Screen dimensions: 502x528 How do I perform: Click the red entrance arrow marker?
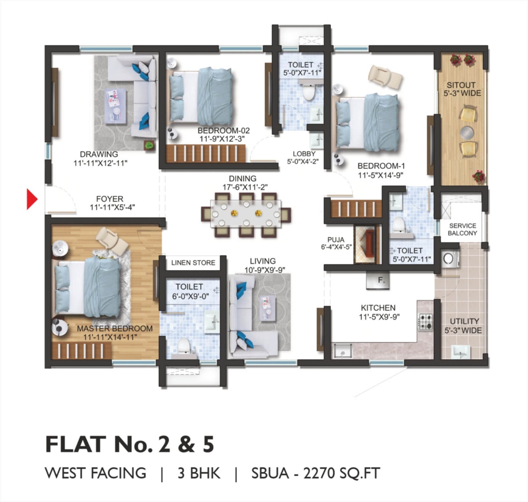(x=32, y=199)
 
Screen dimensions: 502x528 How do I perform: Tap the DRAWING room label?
(x=99, y=154)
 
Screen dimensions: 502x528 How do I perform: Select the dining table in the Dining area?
(x=246, y=213)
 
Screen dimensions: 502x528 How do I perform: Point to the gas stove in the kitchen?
(x=425, y=322)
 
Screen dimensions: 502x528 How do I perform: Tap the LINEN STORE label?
(x=193, y=263)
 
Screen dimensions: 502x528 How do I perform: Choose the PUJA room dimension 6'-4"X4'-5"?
(x=336, y=247)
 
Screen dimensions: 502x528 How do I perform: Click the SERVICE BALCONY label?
(x=462, y=229)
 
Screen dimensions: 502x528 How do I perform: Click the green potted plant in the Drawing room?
(x=149, y=145)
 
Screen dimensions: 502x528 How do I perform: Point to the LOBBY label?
(x=304, y=154)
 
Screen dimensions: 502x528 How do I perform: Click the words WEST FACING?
(x=96, y=473)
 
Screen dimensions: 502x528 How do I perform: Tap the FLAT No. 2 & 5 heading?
(x=130, y=444)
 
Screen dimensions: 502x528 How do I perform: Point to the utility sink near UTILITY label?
(x=461, y=351)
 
